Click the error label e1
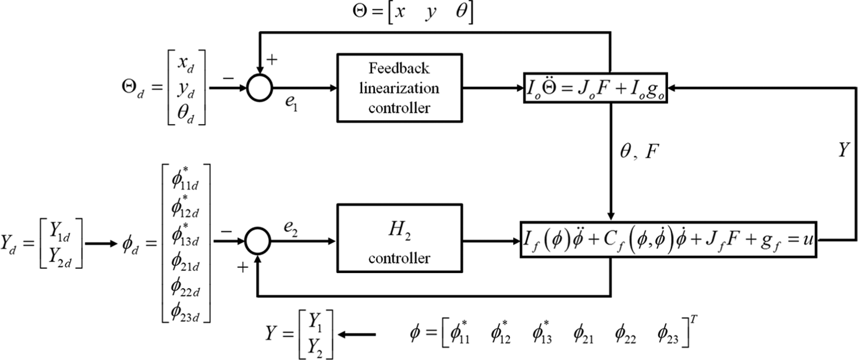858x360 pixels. click(x=291, y=103)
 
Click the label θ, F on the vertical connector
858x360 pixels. click(x=639, y=152)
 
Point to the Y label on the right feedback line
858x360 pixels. click(x=844, y=150)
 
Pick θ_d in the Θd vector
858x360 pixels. click(x=186, y=113)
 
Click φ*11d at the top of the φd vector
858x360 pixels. click(x=185, y=179)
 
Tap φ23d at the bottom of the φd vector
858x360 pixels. click(x=185, y=311)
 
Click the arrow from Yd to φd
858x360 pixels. click(x=101, y=243)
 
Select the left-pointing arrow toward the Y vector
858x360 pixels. click(x=356, y=335)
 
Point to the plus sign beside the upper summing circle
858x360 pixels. click(x=272, y=60)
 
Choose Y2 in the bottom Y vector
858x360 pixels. click(x=315, y=348)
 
